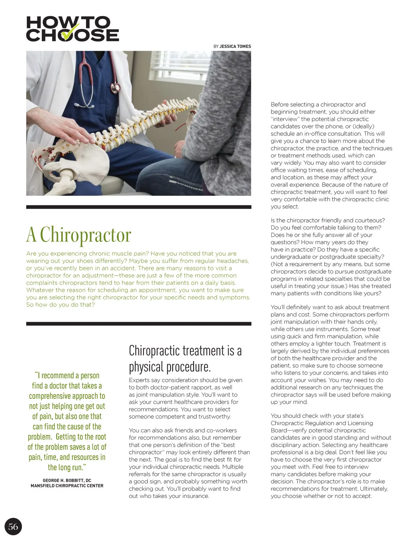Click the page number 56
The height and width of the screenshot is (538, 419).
(x=13, y=526)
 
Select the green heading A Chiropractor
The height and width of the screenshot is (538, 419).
(x=79, y=235)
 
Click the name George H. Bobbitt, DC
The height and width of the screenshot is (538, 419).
(x=67, y=481)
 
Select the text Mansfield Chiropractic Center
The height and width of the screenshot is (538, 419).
(x=67, y=486)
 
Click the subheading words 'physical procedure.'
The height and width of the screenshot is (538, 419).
(x=170, y=367)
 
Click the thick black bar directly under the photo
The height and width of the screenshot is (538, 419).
(x=139, y=207)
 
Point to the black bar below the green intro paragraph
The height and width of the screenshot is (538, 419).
(x=139, y=324)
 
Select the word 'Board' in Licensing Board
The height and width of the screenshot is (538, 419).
(x=279, y=430)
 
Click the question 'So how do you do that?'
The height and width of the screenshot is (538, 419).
(x=60, y=305)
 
